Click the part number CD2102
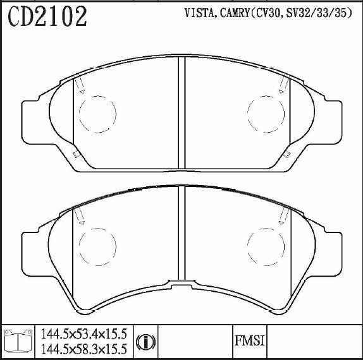pyautogui.click(x=47, y=16)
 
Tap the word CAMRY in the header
pyautogui.click(x=235, y=13)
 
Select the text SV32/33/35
pyautogui.click(x=318, y=13)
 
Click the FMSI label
pyautogui.click(x=250, y=341)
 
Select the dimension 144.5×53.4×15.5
pyautogui.click(x=84, y=334)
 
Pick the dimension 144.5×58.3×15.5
pyautogui.click(x=84, y=349)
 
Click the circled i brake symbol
pyautogui.click(x=146, y=342)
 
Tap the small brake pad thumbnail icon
pyautogui.click(x=18, y=341)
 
